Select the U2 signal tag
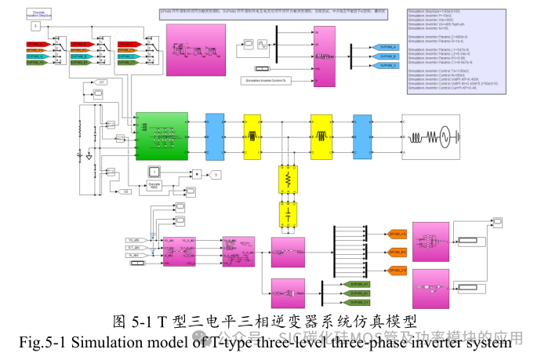point(126,191)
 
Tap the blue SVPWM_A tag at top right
point(389,47)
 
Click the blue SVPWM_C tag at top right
point(389,66)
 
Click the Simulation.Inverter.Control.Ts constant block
point(263,80)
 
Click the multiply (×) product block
point(197,173)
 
